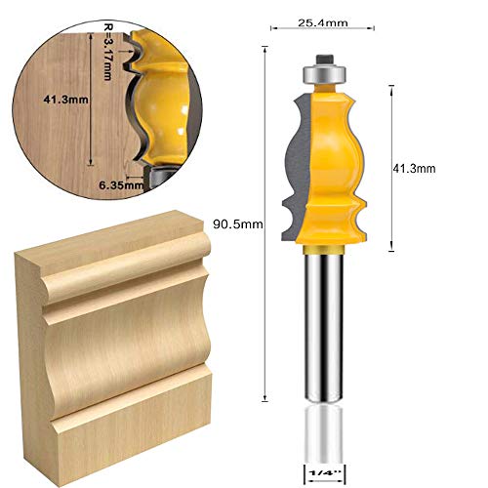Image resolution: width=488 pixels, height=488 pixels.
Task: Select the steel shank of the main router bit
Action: (x=322, y=322)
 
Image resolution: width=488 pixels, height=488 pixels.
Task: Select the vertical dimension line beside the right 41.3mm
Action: (x=391, y=166)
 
